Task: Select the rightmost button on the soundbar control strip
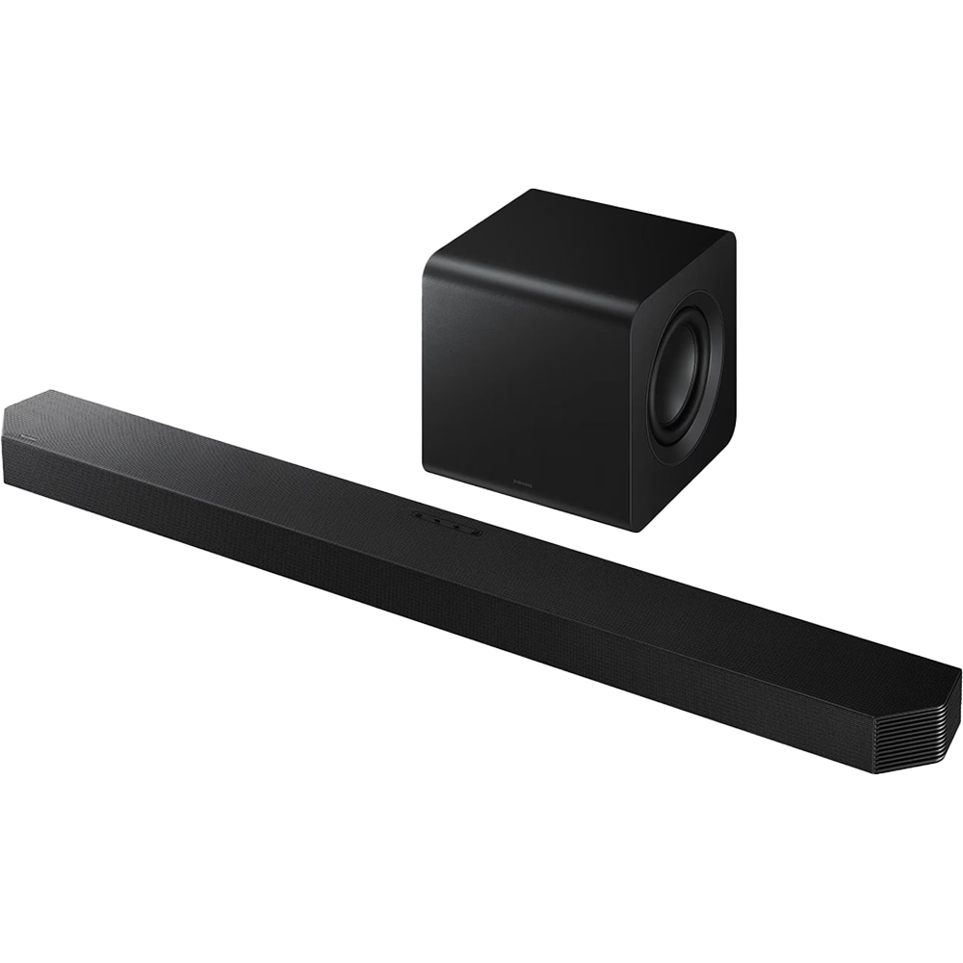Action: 469,527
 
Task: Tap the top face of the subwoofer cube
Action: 578,220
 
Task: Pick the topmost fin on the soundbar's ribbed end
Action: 949,689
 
